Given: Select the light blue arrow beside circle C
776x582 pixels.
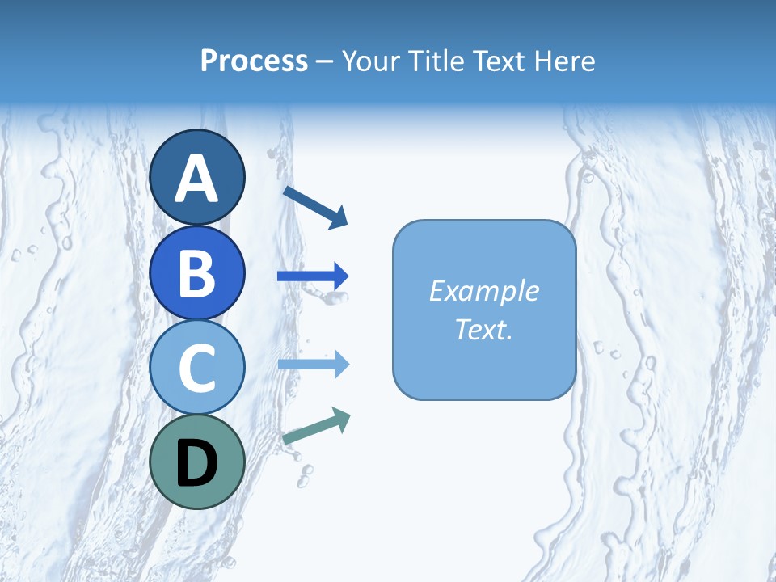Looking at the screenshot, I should click(313, 365).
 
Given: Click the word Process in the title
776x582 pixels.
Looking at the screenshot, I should click(254, 61).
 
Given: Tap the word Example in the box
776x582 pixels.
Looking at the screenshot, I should click(483, 291).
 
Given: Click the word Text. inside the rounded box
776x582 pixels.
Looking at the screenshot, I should click(483, 330).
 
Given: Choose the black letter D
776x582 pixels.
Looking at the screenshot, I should click(197, 465).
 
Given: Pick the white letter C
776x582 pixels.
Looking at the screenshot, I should click(197, 369).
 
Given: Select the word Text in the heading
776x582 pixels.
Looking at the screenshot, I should click(497, 61).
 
